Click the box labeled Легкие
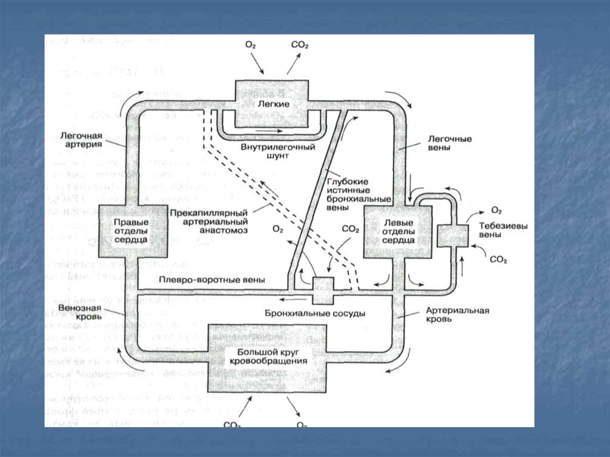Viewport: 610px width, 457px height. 272,103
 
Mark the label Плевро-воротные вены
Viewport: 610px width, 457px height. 212,280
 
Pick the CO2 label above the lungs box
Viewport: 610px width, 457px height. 299,45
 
